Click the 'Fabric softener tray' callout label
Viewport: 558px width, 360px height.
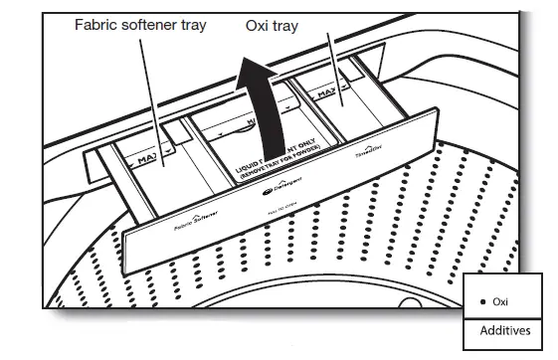(140, 24)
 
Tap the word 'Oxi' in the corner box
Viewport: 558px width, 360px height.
(500, 301)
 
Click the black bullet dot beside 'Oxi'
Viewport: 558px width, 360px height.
(483, 301)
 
